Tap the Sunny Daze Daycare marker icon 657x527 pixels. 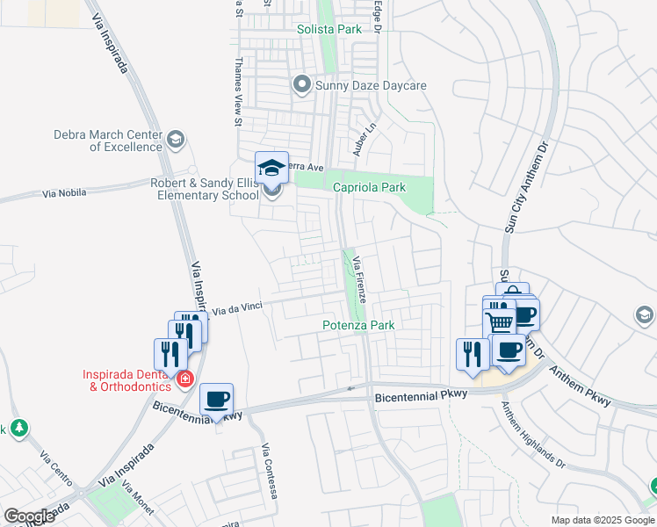tap(302, 85)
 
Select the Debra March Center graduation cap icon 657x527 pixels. tap(176, 140)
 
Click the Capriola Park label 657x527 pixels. tap(369, 187)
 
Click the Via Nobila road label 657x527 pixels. tap(61, 192)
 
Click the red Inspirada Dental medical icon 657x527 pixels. tap(184, 379)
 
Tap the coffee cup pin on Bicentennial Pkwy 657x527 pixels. tap(216, 401)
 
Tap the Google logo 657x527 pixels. tap(29, 516)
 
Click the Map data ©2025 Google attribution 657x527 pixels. tap(602, 520)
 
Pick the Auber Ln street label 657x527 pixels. tap(358, 139)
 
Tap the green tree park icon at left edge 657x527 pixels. tap(18, 428)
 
